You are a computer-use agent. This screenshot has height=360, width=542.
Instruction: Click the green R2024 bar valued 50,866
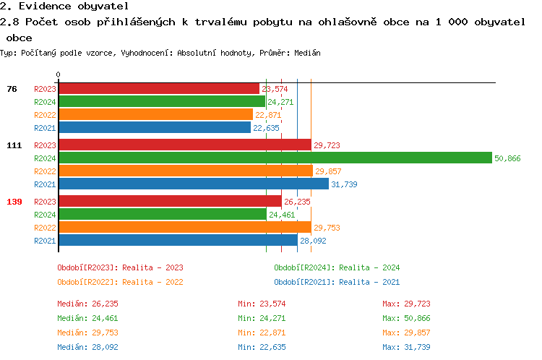click(x=275, y=158)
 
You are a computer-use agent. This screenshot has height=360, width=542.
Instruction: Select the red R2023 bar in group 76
click(x=158, y=89)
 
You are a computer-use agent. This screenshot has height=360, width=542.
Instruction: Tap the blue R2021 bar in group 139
click(x=178, y=241)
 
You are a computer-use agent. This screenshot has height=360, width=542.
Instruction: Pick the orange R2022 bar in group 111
click(x=185, y=171)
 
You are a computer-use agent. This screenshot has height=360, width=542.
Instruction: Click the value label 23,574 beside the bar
click(x=275, y=89)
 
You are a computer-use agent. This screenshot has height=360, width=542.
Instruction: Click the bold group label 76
click(x=12, y=89)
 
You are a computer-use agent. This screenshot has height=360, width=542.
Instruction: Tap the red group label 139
click(x=14, y=202)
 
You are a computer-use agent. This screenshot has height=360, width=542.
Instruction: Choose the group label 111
click(x=14, y=145)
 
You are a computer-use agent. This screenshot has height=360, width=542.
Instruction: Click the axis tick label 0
click(x=59, y=74)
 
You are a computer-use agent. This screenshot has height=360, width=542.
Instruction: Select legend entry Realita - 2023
click(x=120, y=267)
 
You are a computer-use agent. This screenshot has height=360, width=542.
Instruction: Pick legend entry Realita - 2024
click(x=337, y=267)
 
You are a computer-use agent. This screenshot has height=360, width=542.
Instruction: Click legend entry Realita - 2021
click(x=337, y=282)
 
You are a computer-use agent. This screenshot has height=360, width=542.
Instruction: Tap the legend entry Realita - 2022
click(x=120, y=282)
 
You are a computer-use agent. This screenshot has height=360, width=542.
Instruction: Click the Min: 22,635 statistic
click(x=262, y=347)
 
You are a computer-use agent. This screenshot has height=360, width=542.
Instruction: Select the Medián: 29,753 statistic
click(x=87, y=333)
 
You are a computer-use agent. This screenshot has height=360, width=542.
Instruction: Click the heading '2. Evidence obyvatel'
click(x=64, y=6)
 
